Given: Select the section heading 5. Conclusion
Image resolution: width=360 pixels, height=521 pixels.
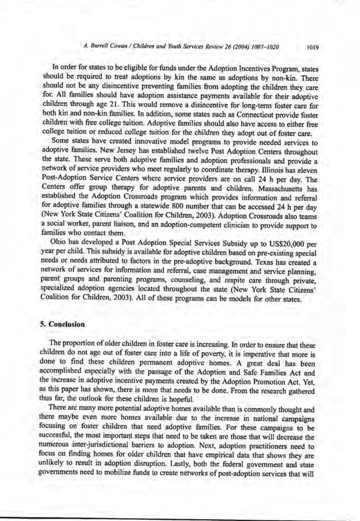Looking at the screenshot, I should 62,324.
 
